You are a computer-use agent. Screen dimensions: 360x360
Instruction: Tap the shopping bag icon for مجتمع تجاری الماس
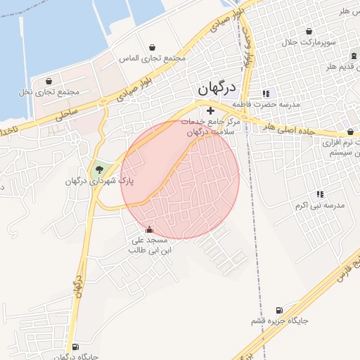pos(152,47)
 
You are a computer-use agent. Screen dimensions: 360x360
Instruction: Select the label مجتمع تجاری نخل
pos(49,92)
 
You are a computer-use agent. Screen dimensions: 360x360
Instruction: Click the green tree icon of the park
pos(99,169)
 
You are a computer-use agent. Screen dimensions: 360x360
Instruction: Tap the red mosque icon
pos(148,229)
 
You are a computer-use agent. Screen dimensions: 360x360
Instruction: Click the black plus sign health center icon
pos(210,110)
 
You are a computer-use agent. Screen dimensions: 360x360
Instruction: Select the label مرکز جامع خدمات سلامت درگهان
pos(211,127)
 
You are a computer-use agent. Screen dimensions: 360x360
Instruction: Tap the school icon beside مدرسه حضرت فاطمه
pos(265,93)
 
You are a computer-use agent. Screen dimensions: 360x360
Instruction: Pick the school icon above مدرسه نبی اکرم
pos(320,194)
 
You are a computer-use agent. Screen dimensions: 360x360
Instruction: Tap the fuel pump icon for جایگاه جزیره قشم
pos(280,309)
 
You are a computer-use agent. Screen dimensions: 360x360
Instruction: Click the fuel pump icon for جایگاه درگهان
pos(75,347)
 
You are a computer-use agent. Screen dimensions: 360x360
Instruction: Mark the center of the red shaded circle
pos(180,179)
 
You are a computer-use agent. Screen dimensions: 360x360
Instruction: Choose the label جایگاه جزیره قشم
pos(280,321)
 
